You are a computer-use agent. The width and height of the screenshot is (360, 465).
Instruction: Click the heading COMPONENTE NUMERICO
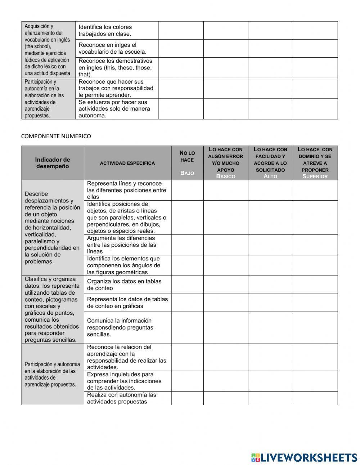coord(56,136)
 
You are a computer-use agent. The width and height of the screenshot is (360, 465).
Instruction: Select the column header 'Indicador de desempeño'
coord(53,163)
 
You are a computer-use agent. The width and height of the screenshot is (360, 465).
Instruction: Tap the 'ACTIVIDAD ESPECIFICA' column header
coord(127,163)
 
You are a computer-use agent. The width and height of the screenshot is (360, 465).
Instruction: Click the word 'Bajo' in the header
coord(187,173)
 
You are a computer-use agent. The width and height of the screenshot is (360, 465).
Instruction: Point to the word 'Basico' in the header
coord(225,176)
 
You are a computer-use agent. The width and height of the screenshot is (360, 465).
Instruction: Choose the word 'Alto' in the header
coord(270,176)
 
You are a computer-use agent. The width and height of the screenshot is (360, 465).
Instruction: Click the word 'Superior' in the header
coord(315,176)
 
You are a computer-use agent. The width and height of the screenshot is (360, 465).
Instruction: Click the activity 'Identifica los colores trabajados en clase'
coord(105,30)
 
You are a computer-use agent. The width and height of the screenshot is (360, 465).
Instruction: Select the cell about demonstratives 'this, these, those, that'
coord(115,68)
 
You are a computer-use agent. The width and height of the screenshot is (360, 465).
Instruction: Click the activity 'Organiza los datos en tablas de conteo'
coord(124,285)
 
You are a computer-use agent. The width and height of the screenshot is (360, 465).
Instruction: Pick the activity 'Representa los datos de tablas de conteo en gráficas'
coord(127,303)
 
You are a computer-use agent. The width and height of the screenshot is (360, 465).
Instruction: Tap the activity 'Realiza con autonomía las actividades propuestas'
coord(122,398)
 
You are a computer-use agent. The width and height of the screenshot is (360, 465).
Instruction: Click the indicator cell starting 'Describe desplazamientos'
coord(53,228)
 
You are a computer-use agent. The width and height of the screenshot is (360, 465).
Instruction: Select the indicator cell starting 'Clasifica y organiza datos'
coord(53,309)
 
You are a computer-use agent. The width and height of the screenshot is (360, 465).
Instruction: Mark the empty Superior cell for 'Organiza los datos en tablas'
coord(315,285)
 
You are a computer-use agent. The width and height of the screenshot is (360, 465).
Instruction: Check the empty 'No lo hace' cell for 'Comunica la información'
coord(187,327)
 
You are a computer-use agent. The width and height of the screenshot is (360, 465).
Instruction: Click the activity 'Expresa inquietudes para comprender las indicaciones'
coord(124,381)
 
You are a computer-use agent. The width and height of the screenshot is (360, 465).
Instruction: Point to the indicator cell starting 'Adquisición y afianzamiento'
coord(48,50)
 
